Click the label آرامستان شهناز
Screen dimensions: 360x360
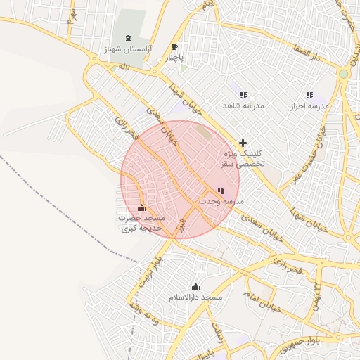click(127, 50)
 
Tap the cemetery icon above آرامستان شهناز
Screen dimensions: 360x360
click(127, 38)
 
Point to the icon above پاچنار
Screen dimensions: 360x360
click(174, 48)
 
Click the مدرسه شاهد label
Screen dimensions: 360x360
click(243, 105)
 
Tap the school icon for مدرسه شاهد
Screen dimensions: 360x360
click(243, 94)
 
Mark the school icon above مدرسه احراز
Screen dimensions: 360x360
click(309, 94)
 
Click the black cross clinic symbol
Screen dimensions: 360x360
click(243, 142)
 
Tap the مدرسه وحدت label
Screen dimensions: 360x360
click(220, 201)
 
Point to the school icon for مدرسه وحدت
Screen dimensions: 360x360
click(221, 191)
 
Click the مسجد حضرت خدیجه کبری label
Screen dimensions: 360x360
click(141, 224)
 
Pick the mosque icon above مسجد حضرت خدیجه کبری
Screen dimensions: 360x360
click(142, 208)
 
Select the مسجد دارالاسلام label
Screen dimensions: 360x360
click(195, 298)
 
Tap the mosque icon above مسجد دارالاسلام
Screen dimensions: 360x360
click(195, 286)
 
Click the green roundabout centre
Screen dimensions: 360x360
click(343, 73)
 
